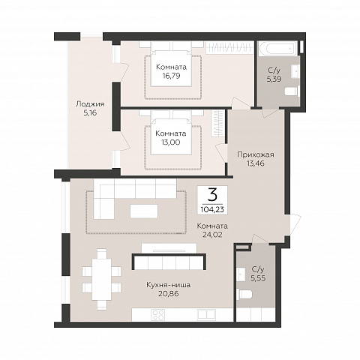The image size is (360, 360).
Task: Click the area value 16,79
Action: (171, 76)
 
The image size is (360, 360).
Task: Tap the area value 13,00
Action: (171, 142)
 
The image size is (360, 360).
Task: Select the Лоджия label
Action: (90, 104)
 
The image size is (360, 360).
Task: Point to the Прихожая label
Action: (256, 154)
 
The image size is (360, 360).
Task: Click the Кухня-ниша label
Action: (168, 285)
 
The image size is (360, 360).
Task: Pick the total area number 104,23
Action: (212, 209)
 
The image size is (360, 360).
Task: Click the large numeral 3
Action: (212, 196)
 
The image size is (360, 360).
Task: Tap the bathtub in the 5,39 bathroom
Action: (279, 47)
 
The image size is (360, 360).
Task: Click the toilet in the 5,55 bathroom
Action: (244, 295)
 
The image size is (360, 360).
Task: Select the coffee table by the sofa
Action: (144, 211)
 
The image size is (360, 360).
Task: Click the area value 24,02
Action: (212, 235)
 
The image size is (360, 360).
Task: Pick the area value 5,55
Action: (258, 278)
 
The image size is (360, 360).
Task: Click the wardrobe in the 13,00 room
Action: (217, 123)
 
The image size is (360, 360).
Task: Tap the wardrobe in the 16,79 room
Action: (229, 47)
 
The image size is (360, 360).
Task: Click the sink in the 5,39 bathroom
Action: (295, 70)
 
